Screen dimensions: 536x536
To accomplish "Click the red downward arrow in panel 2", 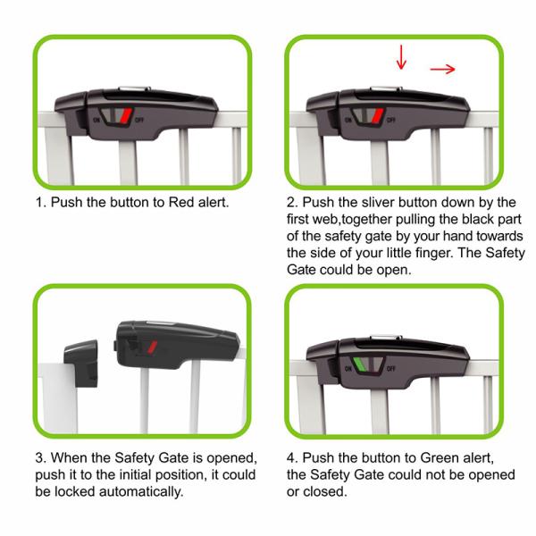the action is coord(401,57).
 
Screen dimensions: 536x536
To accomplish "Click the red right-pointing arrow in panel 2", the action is coord(443,70).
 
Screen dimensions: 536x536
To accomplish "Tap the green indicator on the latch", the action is coord(360,364).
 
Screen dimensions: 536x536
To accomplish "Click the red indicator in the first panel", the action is coord(126,115).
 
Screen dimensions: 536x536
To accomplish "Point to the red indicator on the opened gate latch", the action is coord(152,347).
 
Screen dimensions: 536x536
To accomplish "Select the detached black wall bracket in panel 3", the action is coord(81,363).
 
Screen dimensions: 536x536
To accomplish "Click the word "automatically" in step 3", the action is coord(141,491).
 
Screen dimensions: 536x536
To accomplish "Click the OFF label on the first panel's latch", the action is coord(139,120).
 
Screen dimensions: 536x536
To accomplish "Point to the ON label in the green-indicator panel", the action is coord(348,368).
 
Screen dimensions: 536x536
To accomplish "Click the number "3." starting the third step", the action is coord(41,457).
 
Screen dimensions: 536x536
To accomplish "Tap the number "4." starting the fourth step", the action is coord(293,457).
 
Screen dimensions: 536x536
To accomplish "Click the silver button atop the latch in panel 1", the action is coord(134,88).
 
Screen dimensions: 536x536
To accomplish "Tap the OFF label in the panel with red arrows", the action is coord(391,120).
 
